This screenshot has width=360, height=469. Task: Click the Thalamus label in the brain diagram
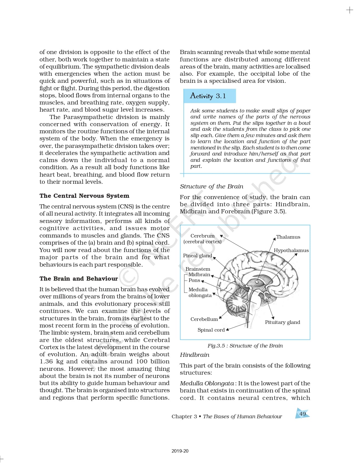click(288, 237)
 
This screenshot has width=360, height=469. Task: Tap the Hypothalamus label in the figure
click(291, 250)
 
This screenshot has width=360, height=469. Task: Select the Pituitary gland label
click(282, 322)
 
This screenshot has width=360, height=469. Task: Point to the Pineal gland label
click(197, 256)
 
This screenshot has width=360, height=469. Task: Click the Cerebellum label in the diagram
click(204, 319)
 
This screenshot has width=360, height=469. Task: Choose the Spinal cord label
click(211, 330)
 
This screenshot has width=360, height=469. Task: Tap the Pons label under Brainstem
click(194, 280)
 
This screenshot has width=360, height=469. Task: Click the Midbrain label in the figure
click(199, 275)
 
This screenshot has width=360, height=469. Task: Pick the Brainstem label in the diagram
click(198, 269)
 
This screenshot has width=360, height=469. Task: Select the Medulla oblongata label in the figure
click(200, 292)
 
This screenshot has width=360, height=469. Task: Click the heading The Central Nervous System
click(84, 196)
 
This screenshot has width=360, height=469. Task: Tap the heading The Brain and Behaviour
click(78, 279)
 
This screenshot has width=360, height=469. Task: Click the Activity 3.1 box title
click(208, 96)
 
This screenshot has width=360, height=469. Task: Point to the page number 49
click(302, 414)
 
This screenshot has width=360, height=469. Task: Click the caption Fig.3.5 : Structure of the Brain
click(245, 346)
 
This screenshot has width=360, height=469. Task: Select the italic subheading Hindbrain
click(194, 355)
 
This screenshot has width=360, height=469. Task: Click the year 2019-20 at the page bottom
click(180, 451)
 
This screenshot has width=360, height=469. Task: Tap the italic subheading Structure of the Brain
click(211, 187)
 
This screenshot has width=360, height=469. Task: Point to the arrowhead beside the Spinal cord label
click(227, 329)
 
